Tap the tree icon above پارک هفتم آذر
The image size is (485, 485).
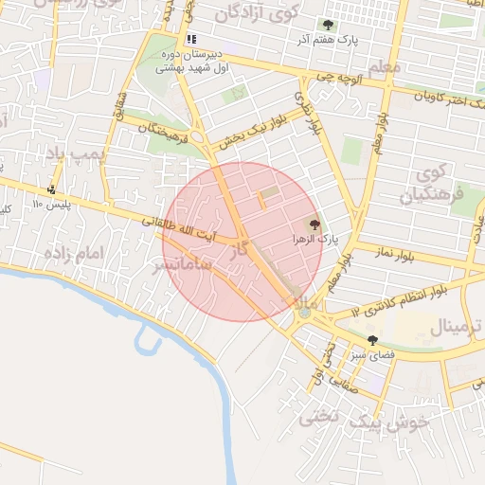[328, 25]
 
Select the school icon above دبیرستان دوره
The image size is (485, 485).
[191, 39]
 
